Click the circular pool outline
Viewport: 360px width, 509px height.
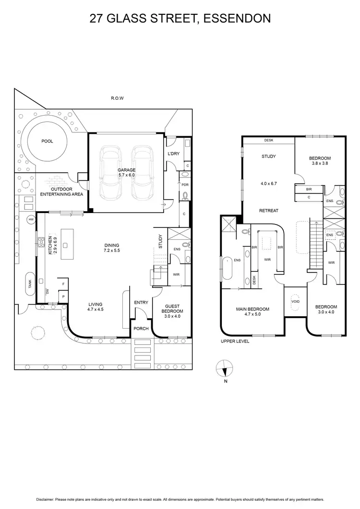click(x=47, y=141)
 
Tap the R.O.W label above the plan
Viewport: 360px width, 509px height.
click(x=118, y=98)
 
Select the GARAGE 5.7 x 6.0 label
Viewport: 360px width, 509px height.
click(x=127, y=173)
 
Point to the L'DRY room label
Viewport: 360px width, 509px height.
click(x=173, y=154)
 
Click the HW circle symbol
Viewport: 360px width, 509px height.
click(x=31, y=219)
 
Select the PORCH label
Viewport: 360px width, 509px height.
click(x=141, y=329)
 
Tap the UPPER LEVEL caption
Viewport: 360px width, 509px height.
click(x=235, y=342)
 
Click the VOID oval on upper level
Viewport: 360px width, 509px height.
click(x=295, y=302)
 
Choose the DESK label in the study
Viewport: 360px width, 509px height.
click(x=269, y=141)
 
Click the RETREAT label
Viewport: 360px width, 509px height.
click(x=269, y=211)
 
